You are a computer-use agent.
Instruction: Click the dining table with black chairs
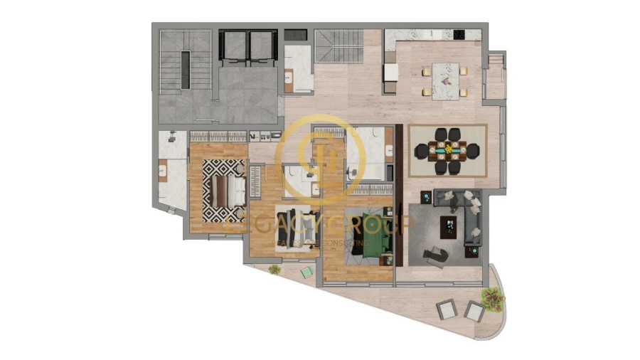point(448,150)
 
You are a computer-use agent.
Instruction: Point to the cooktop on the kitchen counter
point(458,33)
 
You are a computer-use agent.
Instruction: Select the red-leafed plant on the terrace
point(491,299)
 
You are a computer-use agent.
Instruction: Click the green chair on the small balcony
point(306,271)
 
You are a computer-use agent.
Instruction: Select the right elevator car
point(263,47)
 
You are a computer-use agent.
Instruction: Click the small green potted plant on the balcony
point(274,269)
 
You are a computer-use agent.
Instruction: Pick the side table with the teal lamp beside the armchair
point(470,250)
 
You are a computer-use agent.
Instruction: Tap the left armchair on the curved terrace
point(446,309)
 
